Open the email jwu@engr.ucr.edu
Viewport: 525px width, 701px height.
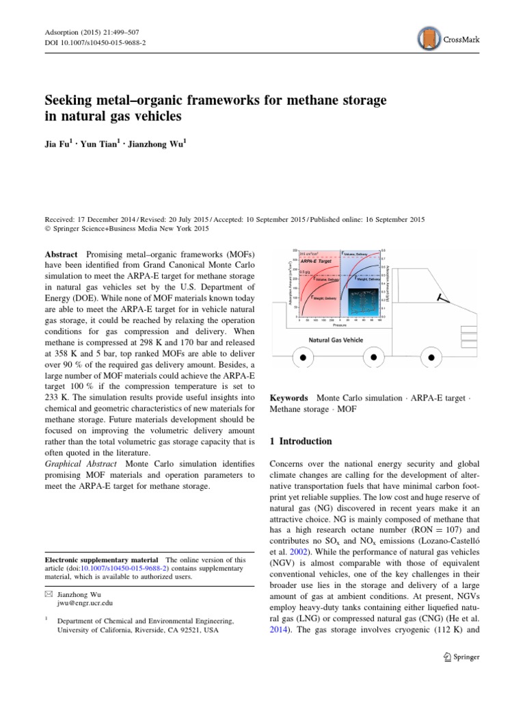(85, 603)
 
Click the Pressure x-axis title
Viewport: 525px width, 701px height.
(339, 324)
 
